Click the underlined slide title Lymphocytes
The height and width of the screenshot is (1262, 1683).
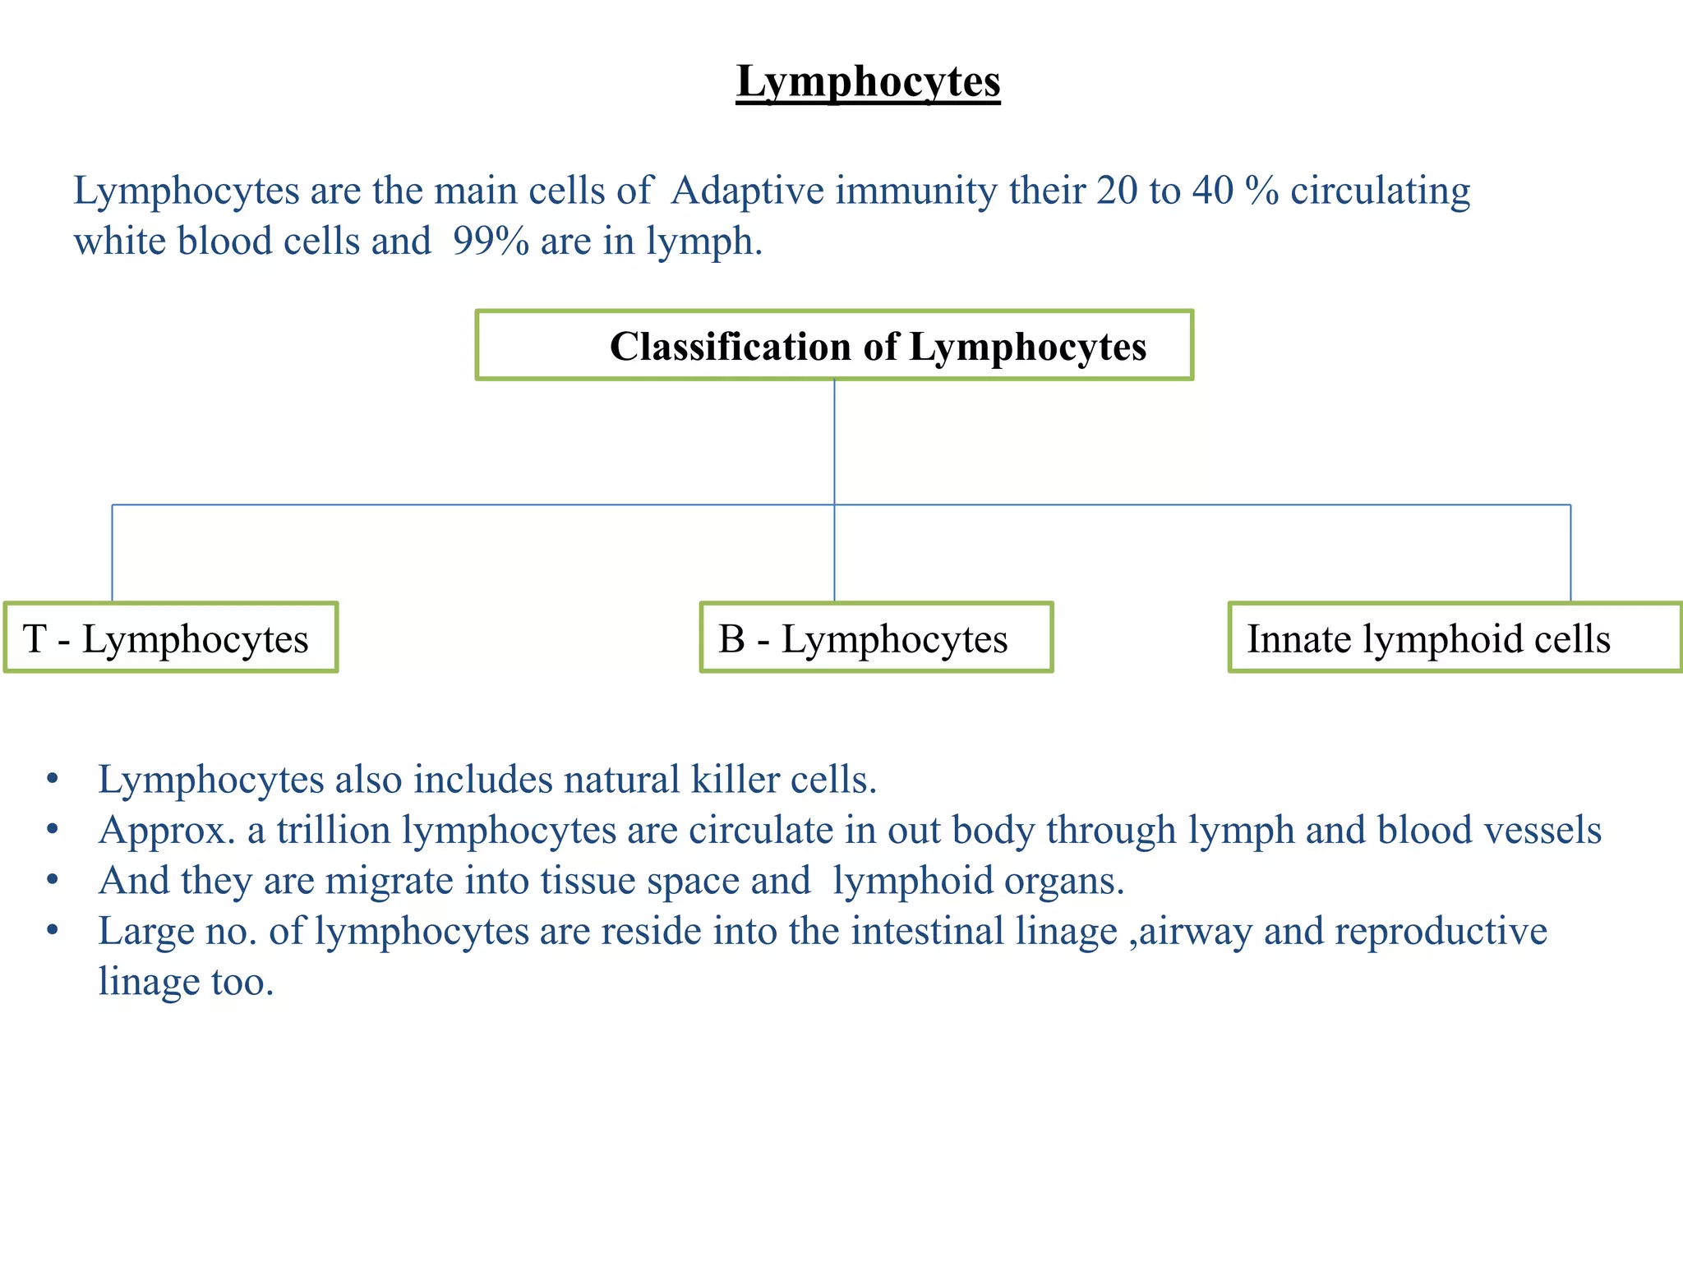pyautogui.click(x=868, y=82)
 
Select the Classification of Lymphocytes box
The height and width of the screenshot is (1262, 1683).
pyautogui.click(x=834, y=345)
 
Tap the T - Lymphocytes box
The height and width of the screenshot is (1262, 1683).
pyautogui.click(x=171, y=638)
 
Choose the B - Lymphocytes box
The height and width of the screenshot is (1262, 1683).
pyautogui.click(x=876, y=638)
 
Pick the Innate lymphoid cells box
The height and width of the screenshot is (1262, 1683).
pyautogui.click(x=1455, y=638)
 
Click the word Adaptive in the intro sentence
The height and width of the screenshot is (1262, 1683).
pyautogui.click(x=747, y=191)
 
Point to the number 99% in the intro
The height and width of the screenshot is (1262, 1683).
pyautogui.click(x=491, y=242)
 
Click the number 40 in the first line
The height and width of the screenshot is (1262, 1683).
pyautogui.click(x=1213, y=191)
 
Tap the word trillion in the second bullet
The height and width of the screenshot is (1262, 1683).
pyautogui.click(x=333, y=830)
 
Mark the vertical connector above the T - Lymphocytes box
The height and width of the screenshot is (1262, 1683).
pyautogui.click(x=112, y=553)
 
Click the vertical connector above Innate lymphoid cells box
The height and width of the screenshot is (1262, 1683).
pyautogui.click(x=1570, y=553)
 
